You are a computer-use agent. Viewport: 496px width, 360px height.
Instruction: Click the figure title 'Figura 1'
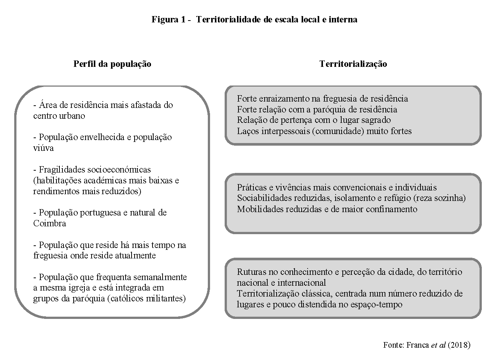tap(168, 19)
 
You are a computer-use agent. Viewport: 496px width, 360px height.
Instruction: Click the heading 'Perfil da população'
tap(112, 64)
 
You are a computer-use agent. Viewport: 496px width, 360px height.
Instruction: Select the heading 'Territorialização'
tap(353, 64)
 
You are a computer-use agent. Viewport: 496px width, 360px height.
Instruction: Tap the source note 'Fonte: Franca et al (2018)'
tap(426, 345)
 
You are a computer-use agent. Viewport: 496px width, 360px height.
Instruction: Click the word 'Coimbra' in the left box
tap(49, 223)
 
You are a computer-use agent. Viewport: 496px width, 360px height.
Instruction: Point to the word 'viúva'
tap(43, 148)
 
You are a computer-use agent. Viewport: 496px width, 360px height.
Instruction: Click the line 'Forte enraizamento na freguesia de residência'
tap(322, 99)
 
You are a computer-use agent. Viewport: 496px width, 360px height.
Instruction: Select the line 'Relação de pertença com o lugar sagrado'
tap(314, 120)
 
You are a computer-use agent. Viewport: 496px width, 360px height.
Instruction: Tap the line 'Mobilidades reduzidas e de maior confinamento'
tap(327, 209)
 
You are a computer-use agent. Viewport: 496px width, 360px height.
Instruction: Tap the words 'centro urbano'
tap(59, 116)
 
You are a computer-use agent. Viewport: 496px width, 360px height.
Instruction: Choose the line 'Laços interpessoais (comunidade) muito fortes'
tap(324, 131)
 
